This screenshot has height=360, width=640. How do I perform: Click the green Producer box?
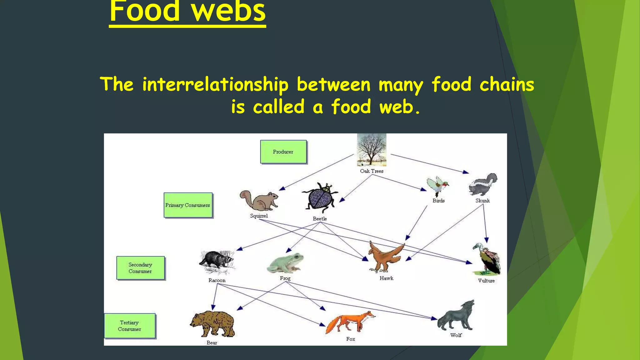283,152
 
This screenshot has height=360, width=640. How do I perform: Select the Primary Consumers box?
188,205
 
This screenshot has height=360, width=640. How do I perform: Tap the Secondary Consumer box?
140,268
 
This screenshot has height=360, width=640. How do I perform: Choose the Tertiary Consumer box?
129,326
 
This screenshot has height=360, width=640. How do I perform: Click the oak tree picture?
372,150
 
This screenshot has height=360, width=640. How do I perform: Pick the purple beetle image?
320,198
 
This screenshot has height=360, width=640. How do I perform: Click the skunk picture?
483,185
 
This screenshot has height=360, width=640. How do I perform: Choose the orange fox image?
350,322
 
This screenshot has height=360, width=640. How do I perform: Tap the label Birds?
438,201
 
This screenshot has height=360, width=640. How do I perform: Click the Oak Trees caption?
372,171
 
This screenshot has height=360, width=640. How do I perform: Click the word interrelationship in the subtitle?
215,84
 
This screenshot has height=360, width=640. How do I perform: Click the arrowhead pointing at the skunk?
466,172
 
